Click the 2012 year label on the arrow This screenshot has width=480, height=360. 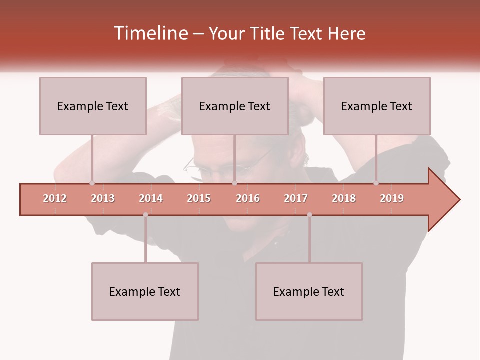point(55,198)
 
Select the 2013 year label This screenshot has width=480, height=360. point(103,198)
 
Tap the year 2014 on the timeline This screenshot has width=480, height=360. point(151,198)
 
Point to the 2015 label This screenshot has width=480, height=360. point(199,198)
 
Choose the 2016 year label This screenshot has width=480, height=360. point(248,198)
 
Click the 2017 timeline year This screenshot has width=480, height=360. point(296,198)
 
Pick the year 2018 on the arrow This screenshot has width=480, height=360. point(344,198)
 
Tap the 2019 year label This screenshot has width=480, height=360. point(392,198)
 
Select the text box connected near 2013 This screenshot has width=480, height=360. point(93,106)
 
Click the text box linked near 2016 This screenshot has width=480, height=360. point(235,106)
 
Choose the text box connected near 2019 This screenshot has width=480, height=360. point(377,106)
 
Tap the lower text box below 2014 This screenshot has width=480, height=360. point(145,291)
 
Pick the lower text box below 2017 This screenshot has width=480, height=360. point(309,291)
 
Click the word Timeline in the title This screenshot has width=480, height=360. point(150,33)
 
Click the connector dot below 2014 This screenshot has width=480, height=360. point(145,215)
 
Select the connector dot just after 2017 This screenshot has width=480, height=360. point(309,215)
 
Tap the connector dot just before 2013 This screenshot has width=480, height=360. point(92,183)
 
